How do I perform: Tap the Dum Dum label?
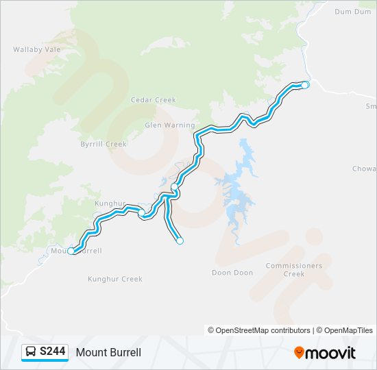352,12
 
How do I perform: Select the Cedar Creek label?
154,100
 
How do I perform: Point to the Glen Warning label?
169,125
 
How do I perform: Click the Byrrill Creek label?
104,144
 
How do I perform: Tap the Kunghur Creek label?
115,279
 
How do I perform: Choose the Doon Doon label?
232,273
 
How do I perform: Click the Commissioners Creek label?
293,270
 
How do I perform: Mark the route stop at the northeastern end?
305,85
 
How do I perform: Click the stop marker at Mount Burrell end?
71,251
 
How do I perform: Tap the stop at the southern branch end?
180,241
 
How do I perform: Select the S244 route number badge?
53,352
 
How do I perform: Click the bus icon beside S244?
31,352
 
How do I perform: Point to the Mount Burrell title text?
108,352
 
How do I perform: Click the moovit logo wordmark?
331,353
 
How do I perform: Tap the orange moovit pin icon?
299,353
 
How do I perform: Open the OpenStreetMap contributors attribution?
259,330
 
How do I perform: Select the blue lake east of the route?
236,188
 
